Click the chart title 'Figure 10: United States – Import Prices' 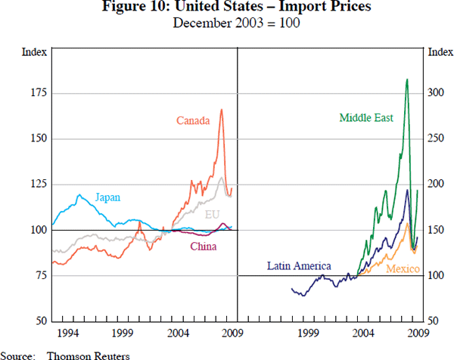[x=226, y=8]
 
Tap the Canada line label [x=193, y=120]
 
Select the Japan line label [x=107, y=197]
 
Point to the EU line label [x=213, y=215]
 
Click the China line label [x=204, y=247]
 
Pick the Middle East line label [x=366, y=118]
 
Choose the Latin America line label [x=300, y=266]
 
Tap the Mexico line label [x=403, y=269]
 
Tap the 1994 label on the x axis [x=66, y=333]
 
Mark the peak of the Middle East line [x=407, y=79]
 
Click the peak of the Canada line [x=222, y=110]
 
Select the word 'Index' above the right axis [x=440, y=52]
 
